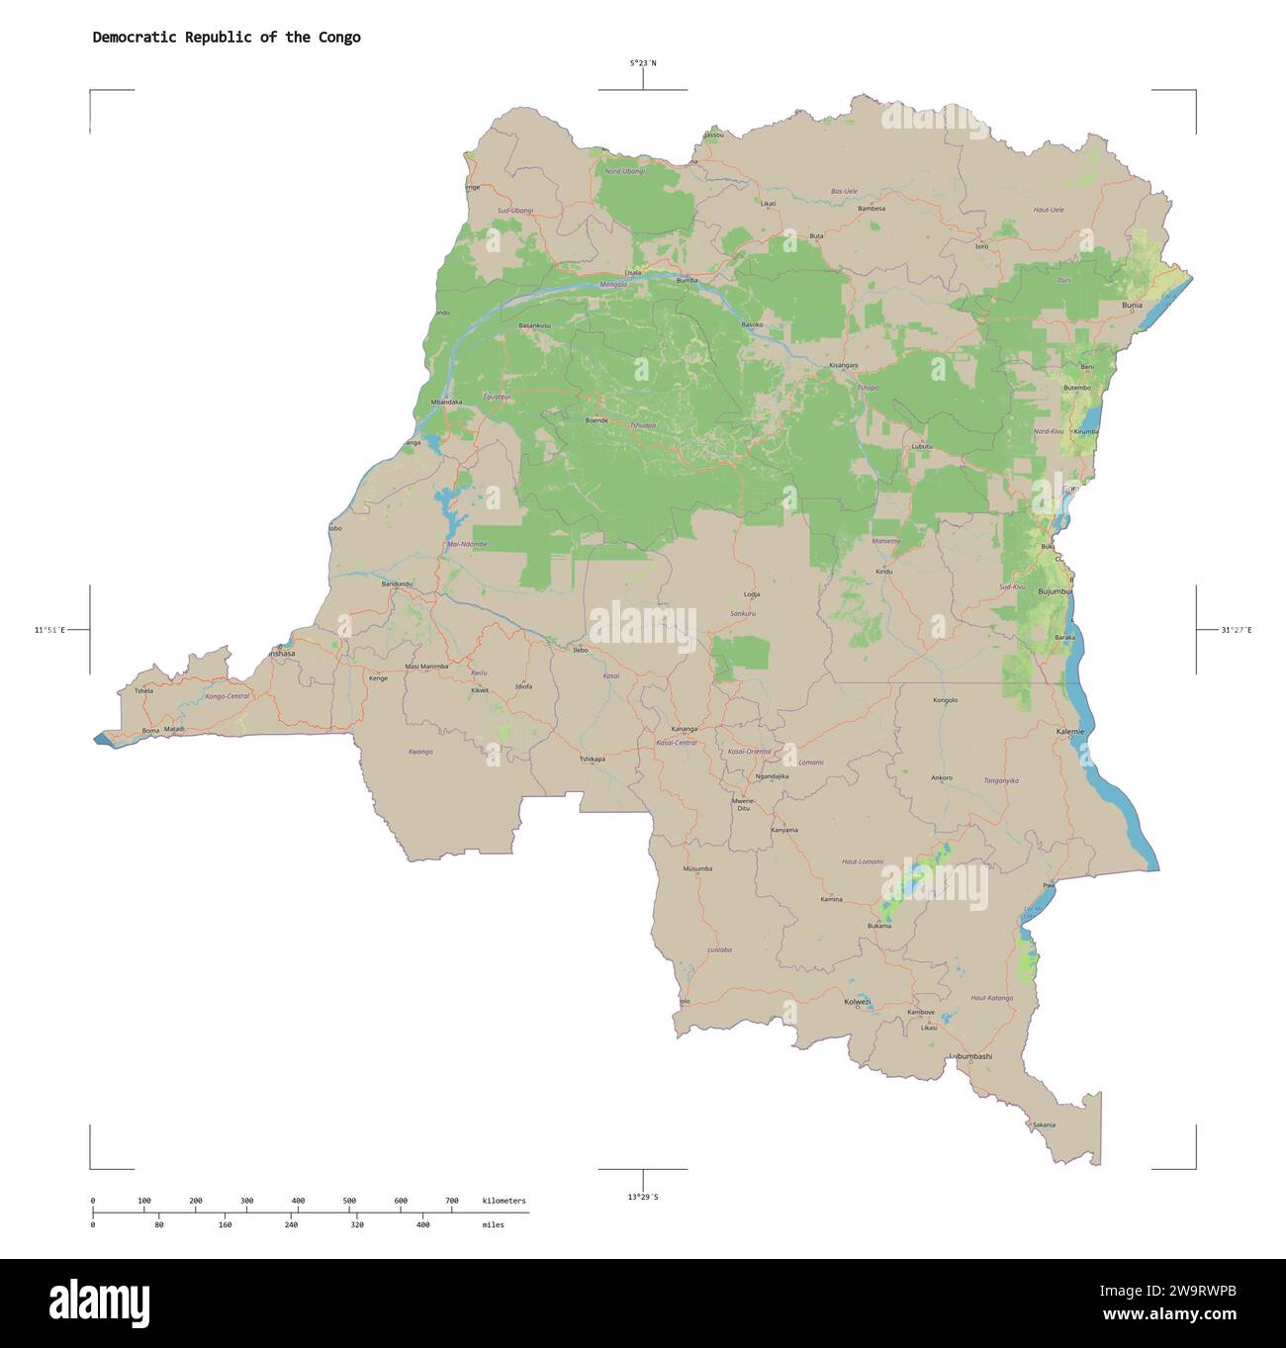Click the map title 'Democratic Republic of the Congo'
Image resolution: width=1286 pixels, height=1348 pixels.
coord(227,38)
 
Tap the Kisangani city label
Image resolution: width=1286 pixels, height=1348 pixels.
coord(844,366)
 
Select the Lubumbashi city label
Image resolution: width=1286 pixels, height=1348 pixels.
coord(969,1056)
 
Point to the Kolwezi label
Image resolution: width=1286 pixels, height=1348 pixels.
coord(858,1002)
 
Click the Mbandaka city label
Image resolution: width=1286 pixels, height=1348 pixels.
coord(446,403)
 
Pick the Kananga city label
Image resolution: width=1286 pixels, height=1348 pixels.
coord(684,729)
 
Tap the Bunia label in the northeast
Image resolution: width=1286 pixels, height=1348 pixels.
coord(1132,306)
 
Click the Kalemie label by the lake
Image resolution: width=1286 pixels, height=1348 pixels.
coord(1070,731)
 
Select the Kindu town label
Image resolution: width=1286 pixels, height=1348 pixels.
coord(884,572)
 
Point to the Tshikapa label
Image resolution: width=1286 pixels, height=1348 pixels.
coord(592,759)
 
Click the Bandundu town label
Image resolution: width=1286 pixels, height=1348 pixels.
coord(397,584)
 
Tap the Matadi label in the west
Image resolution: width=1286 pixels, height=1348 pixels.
coord(174,729)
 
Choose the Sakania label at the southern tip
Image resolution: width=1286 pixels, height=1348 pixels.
coord(1044,1124)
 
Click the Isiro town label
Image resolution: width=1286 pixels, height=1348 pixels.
coord(981,246)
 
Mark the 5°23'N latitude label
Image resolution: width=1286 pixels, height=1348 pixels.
coord(643,63)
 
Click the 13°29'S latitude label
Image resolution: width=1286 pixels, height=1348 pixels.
coord(643,1198)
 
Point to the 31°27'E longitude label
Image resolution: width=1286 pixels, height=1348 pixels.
coord(1236,630)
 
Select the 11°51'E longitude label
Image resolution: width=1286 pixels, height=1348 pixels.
coord(49,630)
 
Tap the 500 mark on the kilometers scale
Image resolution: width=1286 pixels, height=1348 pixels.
coord(349,1201)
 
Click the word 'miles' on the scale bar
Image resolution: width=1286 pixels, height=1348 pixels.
coord(493,1224)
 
